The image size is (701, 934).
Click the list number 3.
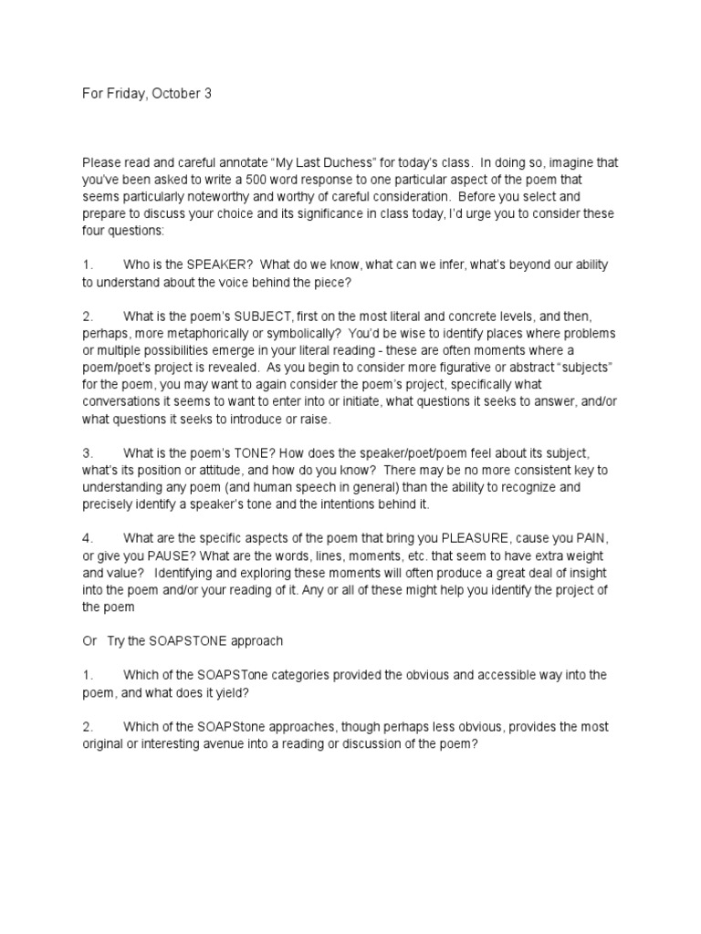tap(88, 453)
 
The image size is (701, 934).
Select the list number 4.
tap(88, 538)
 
